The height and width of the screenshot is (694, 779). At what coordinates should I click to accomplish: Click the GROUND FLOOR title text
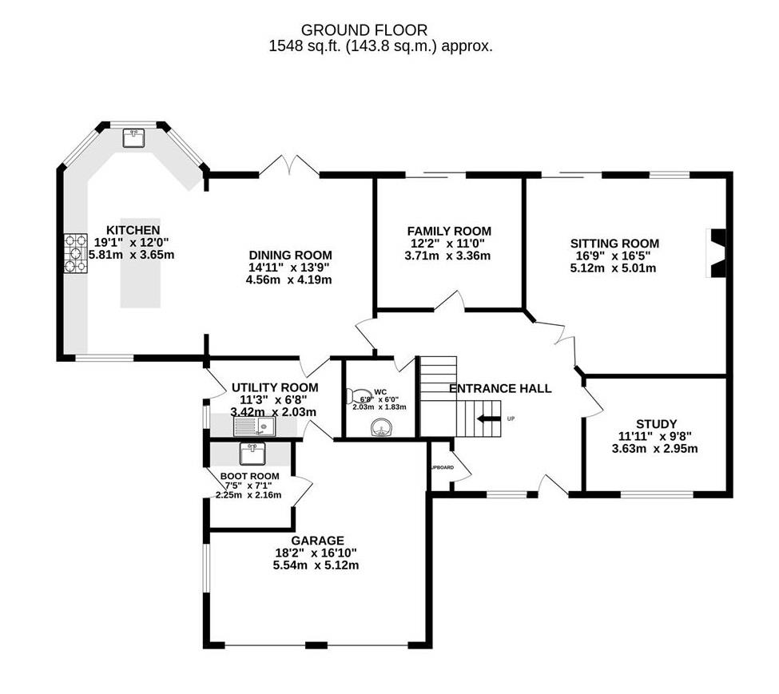(x=380, y=30)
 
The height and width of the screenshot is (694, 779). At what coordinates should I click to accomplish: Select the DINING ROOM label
(x=289, y=255)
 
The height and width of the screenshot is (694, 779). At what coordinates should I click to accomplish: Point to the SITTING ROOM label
(x=614, y=244)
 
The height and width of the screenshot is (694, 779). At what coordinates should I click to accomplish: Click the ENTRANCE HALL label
(x=500, y=389)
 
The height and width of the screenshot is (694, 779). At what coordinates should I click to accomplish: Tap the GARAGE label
(x=317, y=541)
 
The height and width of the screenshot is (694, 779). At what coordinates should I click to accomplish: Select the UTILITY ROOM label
(x=274, y=387)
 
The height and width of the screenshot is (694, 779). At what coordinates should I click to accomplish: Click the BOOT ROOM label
(x=249, y=477)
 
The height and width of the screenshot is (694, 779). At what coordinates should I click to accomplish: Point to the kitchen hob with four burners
(x=76, y=252)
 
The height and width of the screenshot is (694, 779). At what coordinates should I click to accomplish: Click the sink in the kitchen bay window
(x=133, y=139)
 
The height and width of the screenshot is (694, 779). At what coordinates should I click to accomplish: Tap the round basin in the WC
(x=381, y=430)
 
